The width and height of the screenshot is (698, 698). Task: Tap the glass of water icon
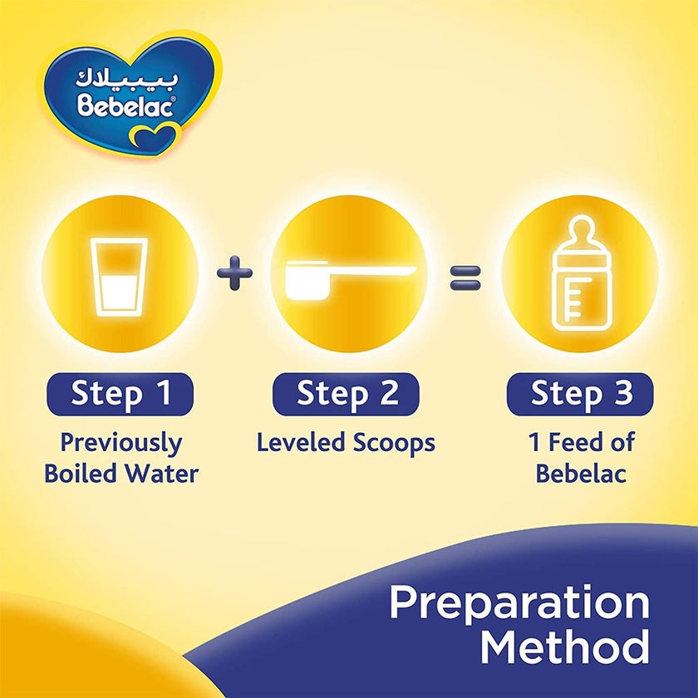[120, 277]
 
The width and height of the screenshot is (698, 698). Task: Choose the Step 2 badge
[346, 393]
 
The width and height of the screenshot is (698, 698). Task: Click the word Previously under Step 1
[121, 443]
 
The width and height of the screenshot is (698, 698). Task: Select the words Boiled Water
[121, 474]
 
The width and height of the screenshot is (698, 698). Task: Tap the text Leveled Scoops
[346, 442]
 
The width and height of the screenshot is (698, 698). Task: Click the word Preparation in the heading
[519, 603]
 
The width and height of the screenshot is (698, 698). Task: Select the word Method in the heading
[565, 647]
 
